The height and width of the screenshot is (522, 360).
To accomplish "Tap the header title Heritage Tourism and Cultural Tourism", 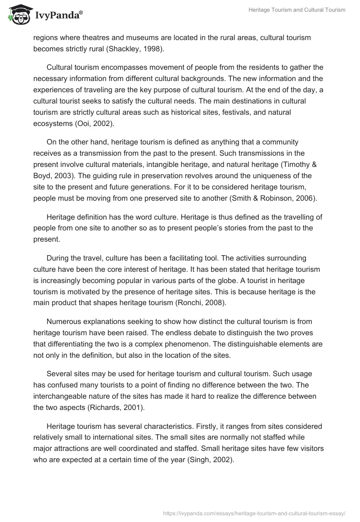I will point(297,10).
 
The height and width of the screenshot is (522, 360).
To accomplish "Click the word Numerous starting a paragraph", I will point(65,321).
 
